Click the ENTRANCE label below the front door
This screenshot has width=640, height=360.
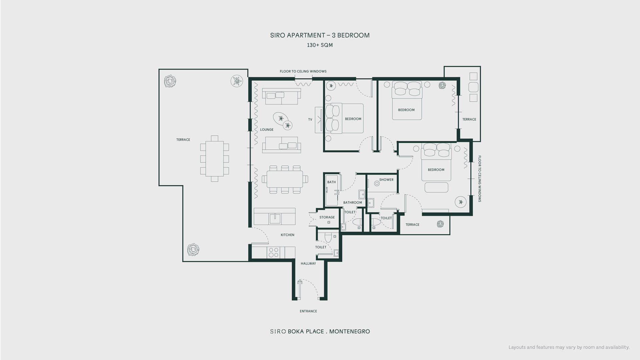[308, 311]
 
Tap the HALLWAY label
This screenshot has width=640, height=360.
[308, 264]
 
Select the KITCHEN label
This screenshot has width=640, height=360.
[287, 235]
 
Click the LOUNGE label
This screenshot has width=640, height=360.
[267, 130]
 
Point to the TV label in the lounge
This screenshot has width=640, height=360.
[310, 120]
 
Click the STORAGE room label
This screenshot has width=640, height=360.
[327, 217]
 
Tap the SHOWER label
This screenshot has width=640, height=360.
[386, 180]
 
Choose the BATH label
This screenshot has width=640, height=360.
[332, 182]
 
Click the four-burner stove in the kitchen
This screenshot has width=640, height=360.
[274, 253]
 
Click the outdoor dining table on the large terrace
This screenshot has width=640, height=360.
[215, 159]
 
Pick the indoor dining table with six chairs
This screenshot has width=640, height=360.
[285, 180]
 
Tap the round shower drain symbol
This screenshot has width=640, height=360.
[377, 183]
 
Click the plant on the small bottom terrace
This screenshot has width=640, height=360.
[440, 224]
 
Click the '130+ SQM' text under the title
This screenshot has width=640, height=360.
[320, 45]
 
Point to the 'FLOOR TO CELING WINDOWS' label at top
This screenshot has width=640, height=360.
[303, 71]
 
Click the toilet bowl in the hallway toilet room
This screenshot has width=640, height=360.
[328, 237]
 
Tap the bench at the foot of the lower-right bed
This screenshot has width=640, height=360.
[436, 187]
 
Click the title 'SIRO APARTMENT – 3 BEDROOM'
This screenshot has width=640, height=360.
[320, 35]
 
